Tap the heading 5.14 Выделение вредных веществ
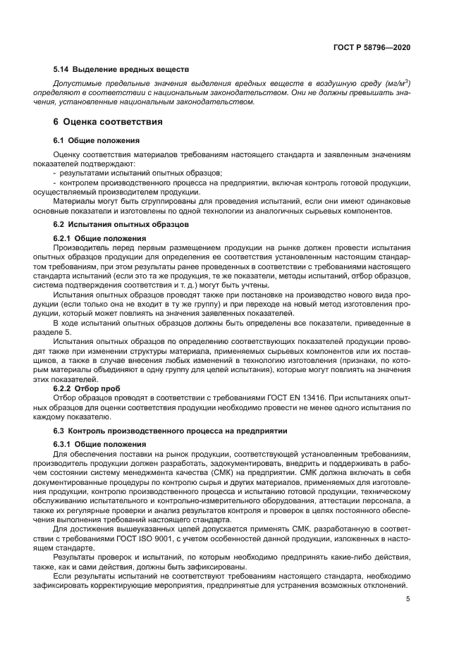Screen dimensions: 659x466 tap(121, 70)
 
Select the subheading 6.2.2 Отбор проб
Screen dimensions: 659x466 tap(87, 387)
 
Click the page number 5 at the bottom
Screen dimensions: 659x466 tap(408, 600)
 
